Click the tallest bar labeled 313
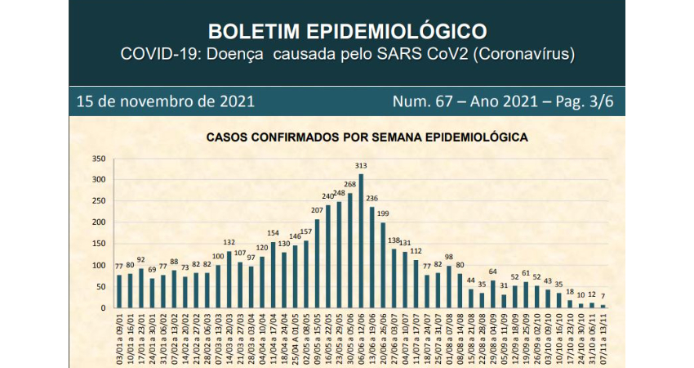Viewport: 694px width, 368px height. pyautogui.click(x=361, y=241)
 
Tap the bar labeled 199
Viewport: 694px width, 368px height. pyautogui.click(x=383, y=266)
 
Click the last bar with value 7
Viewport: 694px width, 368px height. pyautogui.click(x=603, y=307)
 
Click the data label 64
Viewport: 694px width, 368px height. pyautogui.click(x=493, y=272)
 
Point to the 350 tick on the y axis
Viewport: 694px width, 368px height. pyautogui.click(x=99, y=159)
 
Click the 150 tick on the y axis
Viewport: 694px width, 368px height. pyautogui.click(x=99, y=244)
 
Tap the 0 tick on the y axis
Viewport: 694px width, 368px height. pyautogui.click(x=104, y=308)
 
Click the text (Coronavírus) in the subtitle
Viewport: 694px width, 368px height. pyautogui.click(x=524, y=55)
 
